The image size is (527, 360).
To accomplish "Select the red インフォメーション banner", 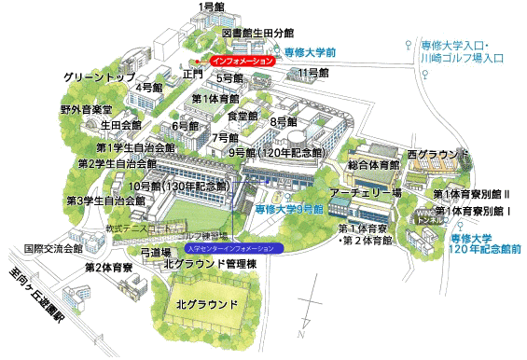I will click(x=243, y=61).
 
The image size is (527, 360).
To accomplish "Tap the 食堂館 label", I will click(x=243, y=116).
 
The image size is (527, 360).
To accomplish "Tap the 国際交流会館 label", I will click(x=52, y=249).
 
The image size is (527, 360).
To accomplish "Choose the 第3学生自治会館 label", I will click(x=105, y=201).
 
